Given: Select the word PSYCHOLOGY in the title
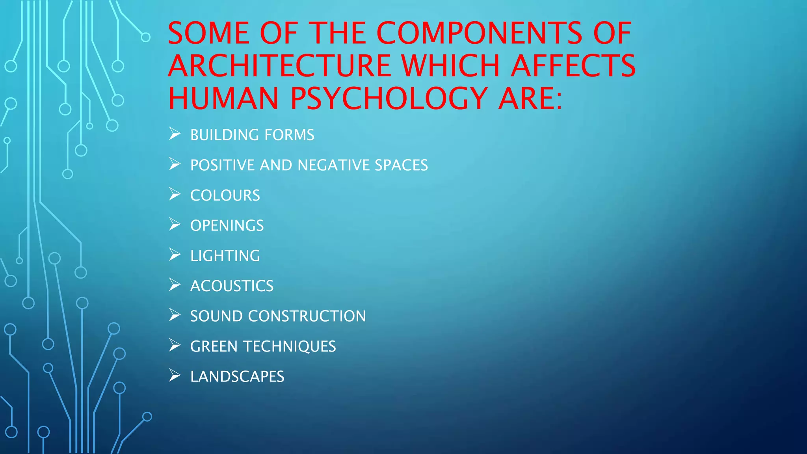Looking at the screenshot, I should coord(389,98).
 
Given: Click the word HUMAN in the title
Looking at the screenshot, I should coord(223,98).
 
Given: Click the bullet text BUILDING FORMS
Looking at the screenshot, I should coord(252,135).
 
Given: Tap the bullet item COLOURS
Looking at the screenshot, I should coord(225,195).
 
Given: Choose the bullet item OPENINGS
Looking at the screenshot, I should coord(227,225).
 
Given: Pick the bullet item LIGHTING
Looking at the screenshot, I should coord(225,256).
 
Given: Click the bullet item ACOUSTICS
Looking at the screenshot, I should coord(232,286).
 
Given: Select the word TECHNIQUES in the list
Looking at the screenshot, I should coord(290,346).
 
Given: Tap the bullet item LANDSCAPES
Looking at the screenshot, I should coord(237,377).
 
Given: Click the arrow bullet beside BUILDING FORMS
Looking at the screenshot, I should coord(175,134).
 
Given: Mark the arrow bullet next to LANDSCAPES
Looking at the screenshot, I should coord(175,376).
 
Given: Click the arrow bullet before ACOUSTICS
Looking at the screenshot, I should coord(175,285).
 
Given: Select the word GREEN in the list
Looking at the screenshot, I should coord(214,346).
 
